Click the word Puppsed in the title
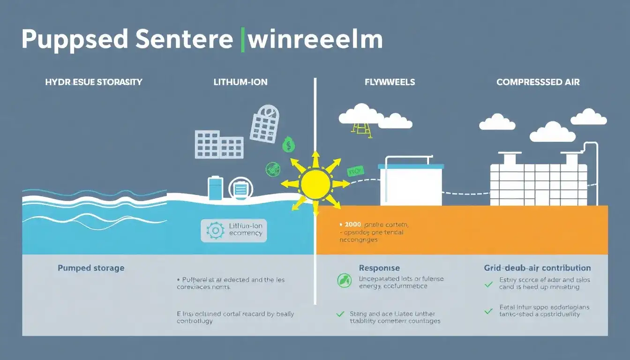[x=74, y=40]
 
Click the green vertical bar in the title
[x=242, y=40]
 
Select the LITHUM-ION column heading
[x=240, y=82]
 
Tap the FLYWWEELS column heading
[x=390, y=82]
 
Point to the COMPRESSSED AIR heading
[x=538, y=82]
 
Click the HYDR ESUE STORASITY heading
[x=94, y=82]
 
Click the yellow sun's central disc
[x=315, y=184]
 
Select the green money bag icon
[x=289, y=144]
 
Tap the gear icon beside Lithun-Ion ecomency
[x=215, y=231]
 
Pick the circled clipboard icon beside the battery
[x=240, y=189]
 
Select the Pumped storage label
[x=91, y=268]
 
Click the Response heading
[x=379, y=268]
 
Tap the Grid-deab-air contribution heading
[x=537, y=268]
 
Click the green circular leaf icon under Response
[x=344, y=281]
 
